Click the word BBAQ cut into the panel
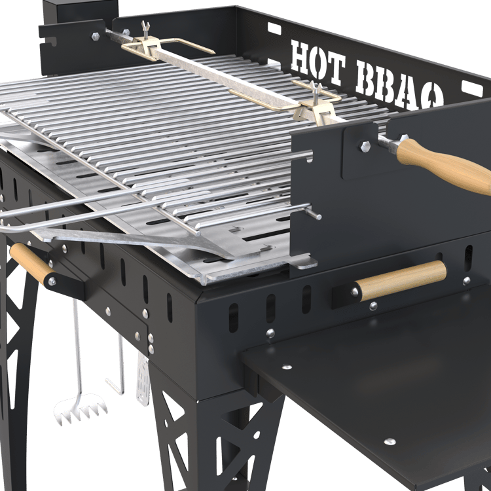point(400,84)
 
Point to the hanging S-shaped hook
point(117,365)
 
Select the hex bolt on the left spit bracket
point(96,36)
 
